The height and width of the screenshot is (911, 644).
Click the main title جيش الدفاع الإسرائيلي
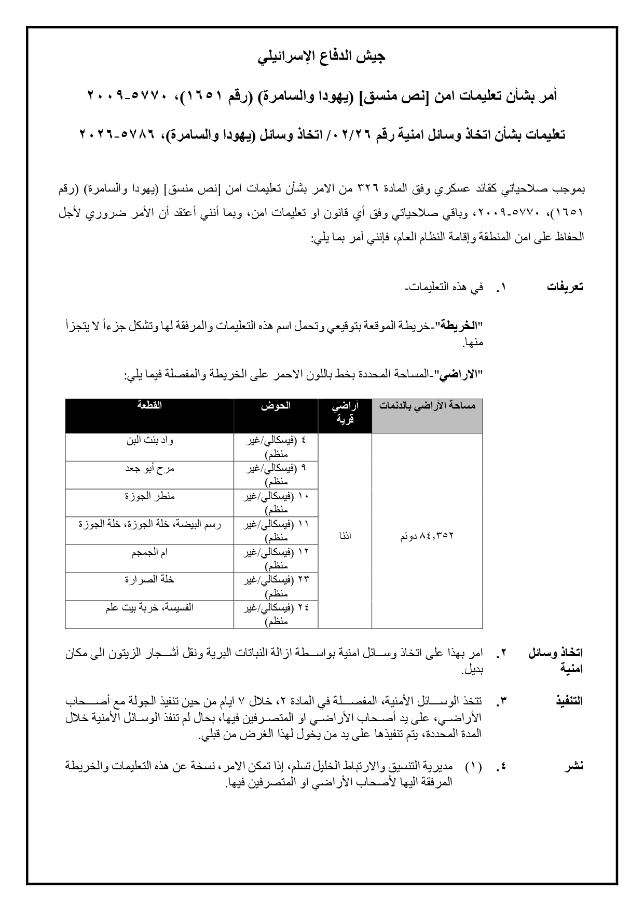coord(322,57)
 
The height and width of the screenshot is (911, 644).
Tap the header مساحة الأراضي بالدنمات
coord(427,406)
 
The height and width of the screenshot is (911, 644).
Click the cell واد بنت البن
coord(149,441)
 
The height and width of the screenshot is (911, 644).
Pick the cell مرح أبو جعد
coord(149,468)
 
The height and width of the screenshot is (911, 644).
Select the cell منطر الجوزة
coord(149,496)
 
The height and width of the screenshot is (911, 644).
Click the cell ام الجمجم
coord(149,552)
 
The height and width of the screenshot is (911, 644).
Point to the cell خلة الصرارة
coord(149,580)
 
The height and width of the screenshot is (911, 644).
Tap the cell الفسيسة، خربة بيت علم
coord(149,607)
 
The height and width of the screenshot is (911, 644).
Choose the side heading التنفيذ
coord(568,701)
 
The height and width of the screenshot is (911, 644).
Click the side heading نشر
coord(574,766)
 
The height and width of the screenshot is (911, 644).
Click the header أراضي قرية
coord(345,412)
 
